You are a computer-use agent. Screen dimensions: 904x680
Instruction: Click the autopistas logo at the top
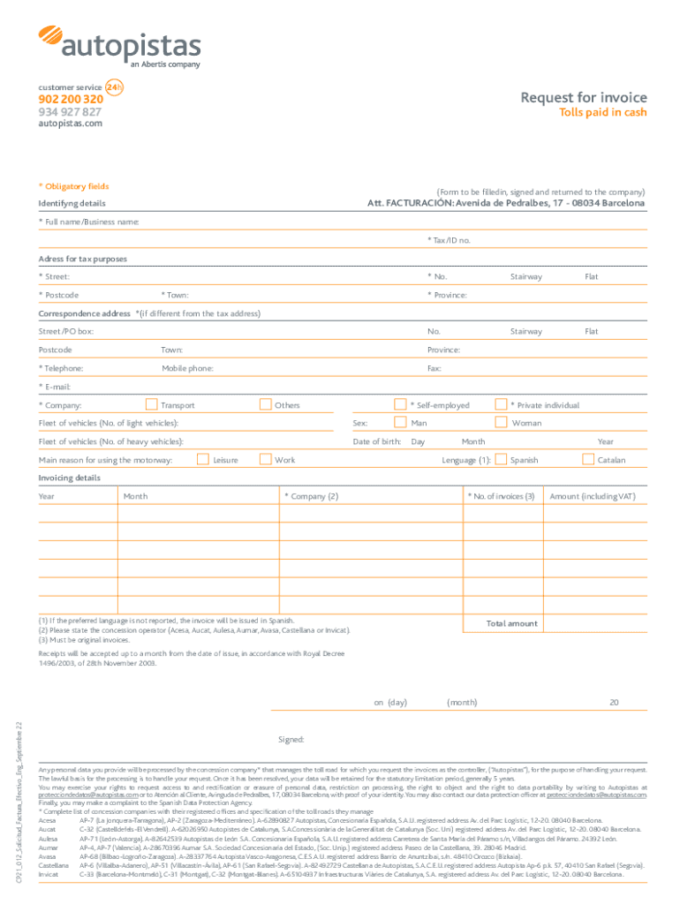(119, 46)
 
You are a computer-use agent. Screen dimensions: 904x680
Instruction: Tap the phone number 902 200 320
(71, 100)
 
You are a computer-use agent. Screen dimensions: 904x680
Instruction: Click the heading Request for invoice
(583, 97)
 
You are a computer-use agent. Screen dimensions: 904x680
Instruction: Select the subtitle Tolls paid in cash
(604, 113)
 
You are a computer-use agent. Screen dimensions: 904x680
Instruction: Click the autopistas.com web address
(70, 124)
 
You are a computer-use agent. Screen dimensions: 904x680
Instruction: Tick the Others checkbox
(265, 405)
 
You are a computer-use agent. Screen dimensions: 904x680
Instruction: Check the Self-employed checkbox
(400, 405)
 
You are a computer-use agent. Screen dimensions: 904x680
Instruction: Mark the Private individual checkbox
(502, 405)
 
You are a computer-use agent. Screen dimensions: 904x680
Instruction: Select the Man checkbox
(400, 423)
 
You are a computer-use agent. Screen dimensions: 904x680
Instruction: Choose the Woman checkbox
(502, 423)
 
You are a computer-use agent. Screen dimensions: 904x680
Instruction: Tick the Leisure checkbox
(203, 459)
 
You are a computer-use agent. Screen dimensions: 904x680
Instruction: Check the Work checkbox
(265, 459)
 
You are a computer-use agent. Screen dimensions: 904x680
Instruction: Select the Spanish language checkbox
(502, 459)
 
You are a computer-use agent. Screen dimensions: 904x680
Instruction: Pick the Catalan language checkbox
(589, 459)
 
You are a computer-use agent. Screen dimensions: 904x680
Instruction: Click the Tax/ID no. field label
(449, 240)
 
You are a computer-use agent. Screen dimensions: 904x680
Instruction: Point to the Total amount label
(511, 623)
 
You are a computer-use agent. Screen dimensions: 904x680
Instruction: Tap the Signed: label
(291, 739)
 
